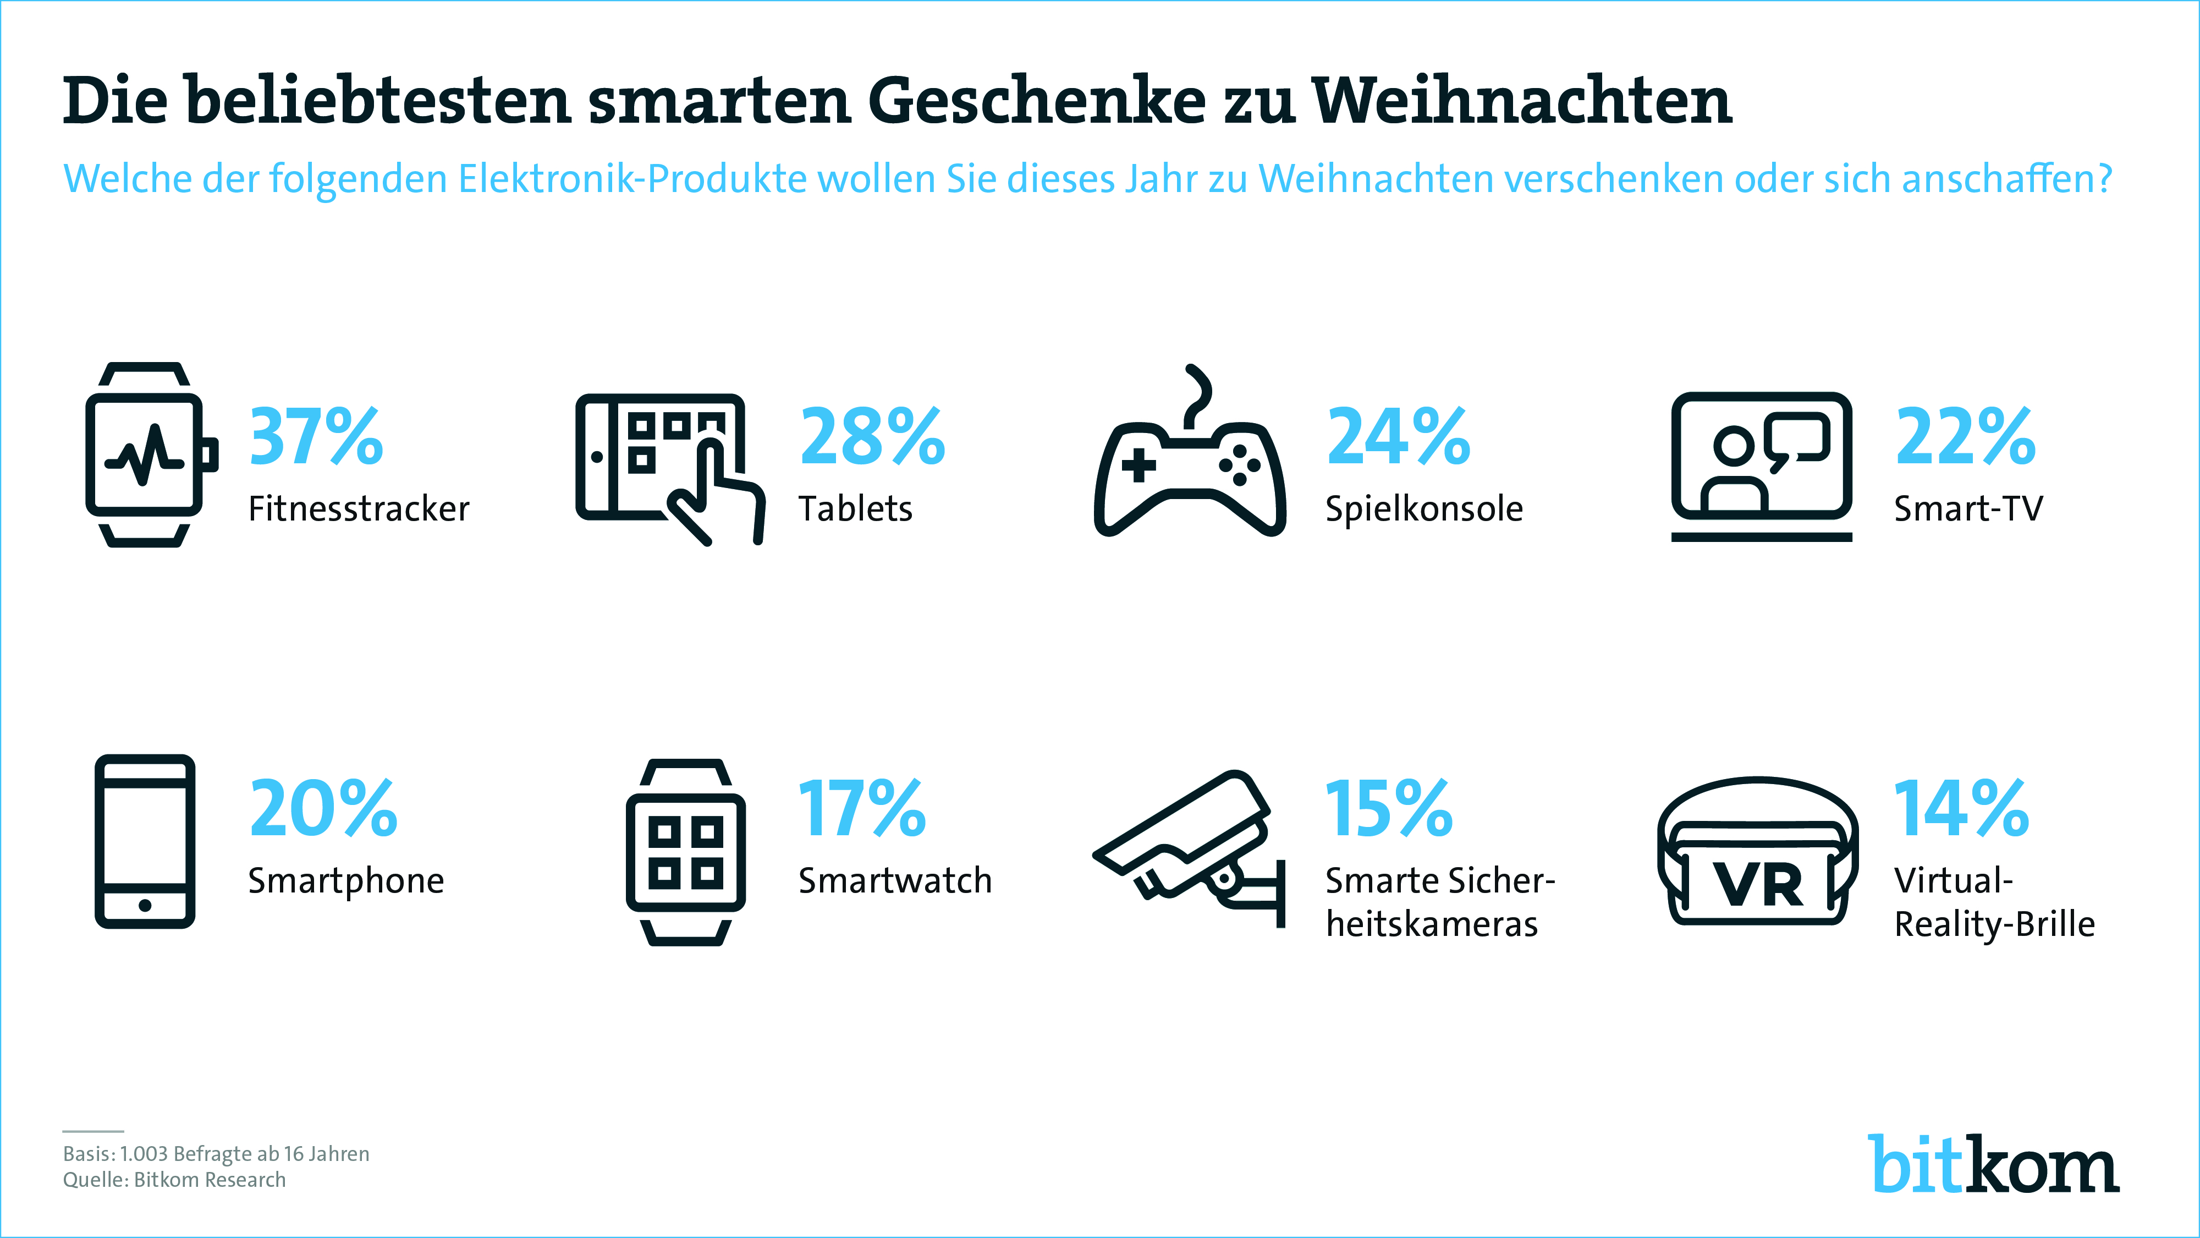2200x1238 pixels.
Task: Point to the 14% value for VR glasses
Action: [1961, 808]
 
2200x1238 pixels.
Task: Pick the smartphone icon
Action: [145, 842]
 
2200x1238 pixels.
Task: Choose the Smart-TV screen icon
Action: [1761, 465]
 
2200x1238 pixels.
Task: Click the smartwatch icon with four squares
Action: [686, 852]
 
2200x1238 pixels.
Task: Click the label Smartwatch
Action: [895, 881]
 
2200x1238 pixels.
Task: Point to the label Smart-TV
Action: [1968, 509]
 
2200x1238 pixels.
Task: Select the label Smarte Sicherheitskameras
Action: [1439, 902]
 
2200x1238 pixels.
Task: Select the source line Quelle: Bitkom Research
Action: [174, 1180]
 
